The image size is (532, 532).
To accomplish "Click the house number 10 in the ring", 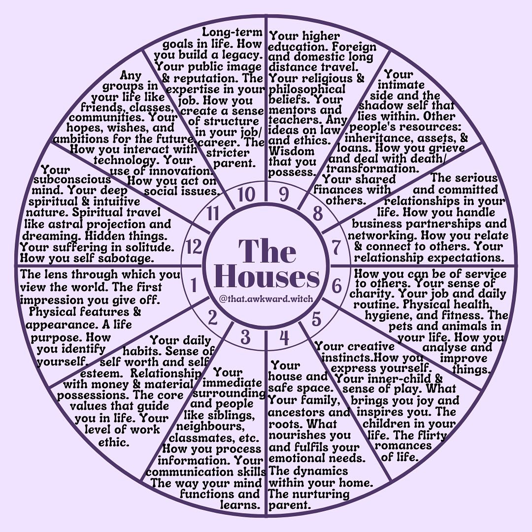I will click(244, 196).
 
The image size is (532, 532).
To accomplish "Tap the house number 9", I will click(284, 195).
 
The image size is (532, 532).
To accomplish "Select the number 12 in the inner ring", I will click(195, 247).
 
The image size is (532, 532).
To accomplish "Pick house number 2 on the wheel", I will click(212, 319).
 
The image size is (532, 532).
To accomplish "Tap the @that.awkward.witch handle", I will click(266, 299).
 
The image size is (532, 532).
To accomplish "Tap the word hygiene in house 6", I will click(389, 315).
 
